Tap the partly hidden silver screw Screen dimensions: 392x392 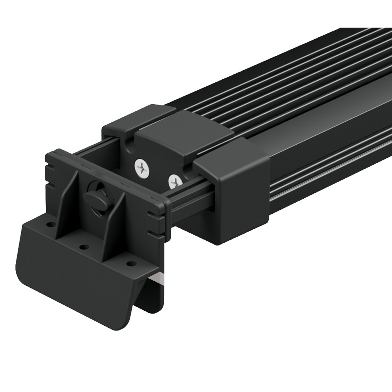click(x=174, y=181)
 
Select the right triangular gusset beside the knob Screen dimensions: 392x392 click(x=116, y=227)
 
